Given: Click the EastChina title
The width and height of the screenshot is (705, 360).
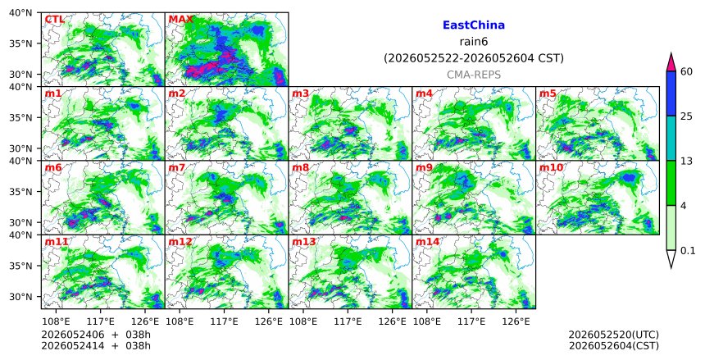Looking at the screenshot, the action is [474, 25].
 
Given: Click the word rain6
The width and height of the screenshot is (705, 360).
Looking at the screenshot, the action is [474, 42].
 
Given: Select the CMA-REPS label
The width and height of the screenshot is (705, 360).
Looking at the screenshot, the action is [474, 75].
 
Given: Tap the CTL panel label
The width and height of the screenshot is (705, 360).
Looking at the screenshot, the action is [54, 20].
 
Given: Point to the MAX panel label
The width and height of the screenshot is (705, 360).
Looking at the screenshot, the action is [180, 20].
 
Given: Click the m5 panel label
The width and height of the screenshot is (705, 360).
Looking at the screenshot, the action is [548, 93].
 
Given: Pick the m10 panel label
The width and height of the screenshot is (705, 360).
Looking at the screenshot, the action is [551, 168].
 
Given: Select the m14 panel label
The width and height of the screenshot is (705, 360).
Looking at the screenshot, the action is [427, 242].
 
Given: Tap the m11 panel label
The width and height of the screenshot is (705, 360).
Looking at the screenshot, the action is [57, 242].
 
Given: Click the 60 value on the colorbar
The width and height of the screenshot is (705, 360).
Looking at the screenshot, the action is [686, 71].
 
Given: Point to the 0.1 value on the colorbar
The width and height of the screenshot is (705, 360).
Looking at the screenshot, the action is [688, 251].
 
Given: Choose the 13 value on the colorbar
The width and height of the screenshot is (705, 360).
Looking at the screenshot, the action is [686, 161].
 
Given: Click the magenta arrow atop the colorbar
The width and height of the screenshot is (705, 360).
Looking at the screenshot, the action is [671, 62].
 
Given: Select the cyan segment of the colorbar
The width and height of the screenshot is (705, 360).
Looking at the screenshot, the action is [671, 138].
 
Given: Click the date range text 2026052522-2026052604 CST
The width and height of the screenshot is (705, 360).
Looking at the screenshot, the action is [474, 58].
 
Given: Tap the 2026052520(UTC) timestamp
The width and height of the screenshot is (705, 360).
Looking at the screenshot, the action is [614, 335].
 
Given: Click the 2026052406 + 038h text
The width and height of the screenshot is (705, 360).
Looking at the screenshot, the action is [96, 335].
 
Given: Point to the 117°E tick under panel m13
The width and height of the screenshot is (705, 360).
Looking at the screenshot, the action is [348, 322].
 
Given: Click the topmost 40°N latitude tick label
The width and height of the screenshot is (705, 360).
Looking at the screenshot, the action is [20, 12].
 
